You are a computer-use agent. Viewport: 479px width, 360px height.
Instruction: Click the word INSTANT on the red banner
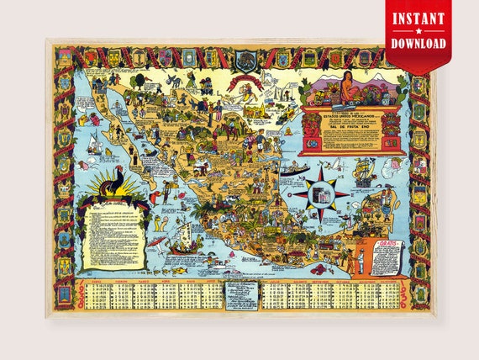(x=418, y=17)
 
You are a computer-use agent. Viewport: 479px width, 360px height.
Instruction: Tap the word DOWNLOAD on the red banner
(x=418, y=43)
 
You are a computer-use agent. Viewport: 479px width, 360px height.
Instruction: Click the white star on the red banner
(x=418, y=30)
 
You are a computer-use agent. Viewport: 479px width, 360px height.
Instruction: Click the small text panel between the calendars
(x=240, y=294)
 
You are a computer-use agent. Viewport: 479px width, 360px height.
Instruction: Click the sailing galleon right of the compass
(x=366, y=177)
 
